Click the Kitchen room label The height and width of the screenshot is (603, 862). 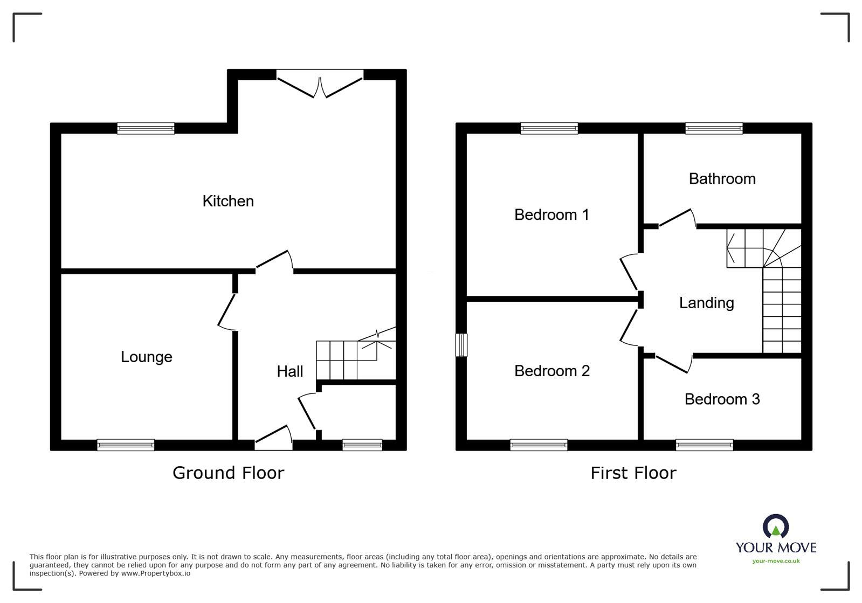click(228, 201)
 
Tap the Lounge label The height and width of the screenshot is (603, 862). click(146, 357)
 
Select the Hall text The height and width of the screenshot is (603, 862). click(289, 371)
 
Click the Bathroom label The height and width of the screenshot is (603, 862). click(722, 179)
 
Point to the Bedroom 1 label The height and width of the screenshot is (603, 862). click(551, 215)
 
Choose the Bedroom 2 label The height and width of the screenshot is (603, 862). click(551, 371)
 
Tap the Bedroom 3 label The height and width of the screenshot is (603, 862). click(722, 399)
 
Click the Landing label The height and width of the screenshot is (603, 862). click(706, 303)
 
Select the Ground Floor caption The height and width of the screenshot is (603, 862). click(228, 473)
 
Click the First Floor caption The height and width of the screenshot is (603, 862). click(633, 473)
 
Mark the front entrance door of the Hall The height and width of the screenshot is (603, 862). click(274, 438)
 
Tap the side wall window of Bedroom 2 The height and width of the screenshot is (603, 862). click(461, 345)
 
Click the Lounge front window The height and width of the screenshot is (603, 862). click(126, 445)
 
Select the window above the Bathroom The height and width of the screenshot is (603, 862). click(714, 128)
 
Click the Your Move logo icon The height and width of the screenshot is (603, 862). click(775, 526)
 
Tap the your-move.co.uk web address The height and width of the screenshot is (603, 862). click(776, 561)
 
